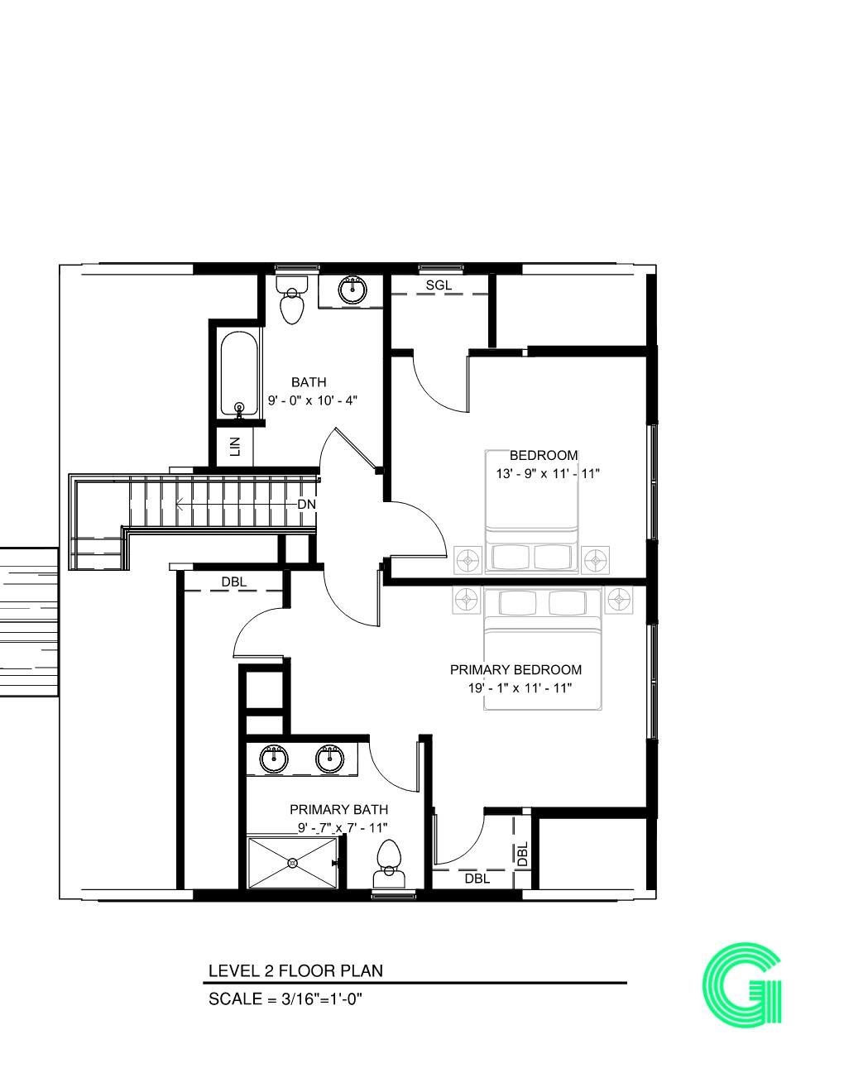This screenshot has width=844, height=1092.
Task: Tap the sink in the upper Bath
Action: coord(352,290)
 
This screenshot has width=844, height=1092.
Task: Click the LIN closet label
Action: coord(235,447)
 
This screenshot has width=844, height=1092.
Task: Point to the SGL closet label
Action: coord(439,285)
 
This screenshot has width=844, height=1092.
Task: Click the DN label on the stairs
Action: coord(306,504)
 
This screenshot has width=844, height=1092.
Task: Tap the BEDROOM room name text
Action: coord(543,455)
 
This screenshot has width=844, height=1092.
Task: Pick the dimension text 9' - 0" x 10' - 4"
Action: coord(312,400)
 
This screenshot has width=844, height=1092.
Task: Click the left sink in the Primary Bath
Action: coord(273,758)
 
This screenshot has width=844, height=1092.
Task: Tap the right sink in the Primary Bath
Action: coord(330,758)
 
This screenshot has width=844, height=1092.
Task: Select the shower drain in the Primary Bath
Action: coord(292,863)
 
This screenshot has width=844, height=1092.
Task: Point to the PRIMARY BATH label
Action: coord(338,810)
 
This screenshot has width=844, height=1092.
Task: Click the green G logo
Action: coord(742,986)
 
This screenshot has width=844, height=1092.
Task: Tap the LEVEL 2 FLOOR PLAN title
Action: coord(295,970)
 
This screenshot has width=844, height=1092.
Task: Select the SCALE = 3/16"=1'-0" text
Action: coord(285,999)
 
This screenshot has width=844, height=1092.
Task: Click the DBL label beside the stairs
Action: coord(233,582)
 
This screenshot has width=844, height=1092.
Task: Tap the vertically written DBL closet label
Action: coord(522,854)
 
